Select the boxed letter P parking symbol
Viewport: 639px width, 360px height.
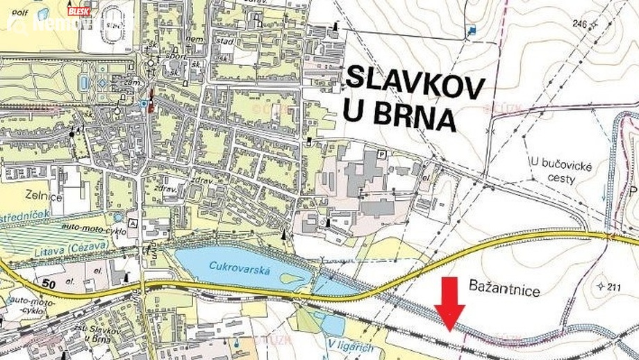click(x=381, y=153)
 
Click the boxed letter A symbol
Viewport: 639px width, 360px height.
click(x=132, y=215)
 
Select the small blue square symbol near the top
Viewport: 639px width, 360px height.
click(x=472, y=30)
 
